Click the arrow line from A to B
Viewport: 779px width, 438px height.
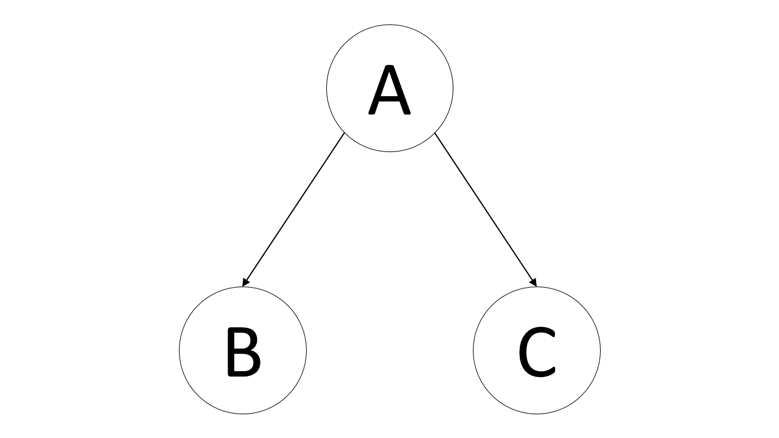[x=293, y=210]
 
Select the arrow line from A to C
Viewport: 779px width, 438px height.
[x=486, y=210]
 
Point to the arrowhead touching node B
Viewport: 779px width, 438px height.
[x=245, y=283]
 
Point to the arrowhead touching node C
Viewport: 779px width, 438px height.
[x=534, y=283]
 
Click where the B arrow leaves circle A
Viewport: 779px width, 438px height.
[x=344, y=133]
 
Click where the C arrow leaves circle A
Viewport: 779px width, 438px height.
[x=435, y=133]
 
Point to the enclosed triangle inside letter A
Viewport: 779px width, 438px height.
[x=389, y=86]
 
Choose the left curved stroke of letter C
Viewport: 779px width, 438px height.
[x=523, y=352]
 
